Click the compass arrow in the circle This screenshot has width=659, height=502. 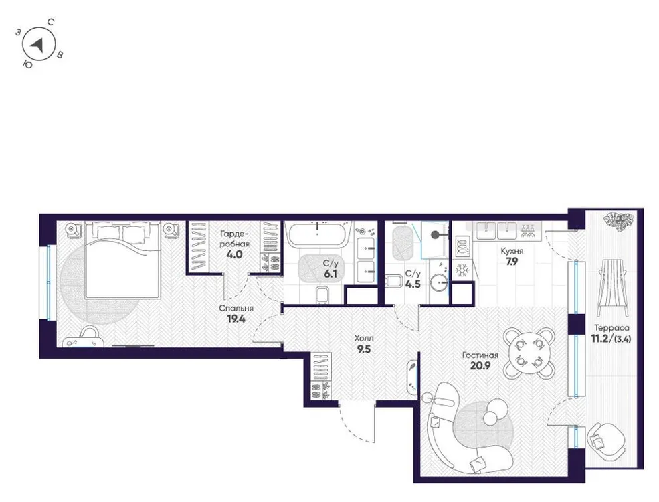39,46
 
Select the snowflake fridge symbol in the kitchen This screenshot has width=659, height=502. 462,270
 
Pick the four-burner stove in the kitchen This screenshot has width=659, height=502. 462,245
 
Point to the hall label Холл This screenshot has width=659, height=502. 363,339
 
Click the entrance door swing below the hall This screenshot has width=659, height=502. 355,422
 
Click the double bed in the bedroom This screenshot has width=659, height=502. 122,261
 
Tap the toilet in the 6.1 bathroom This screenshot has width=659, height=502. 321,295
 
